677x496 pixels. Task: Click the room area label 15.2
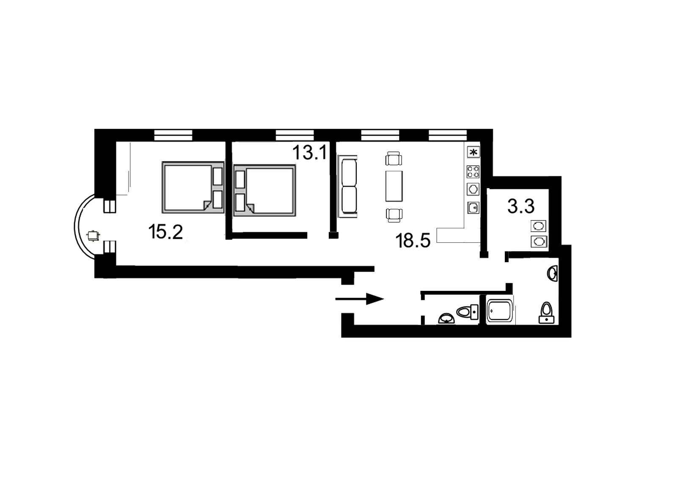pyautogui.click(x=165, y=232)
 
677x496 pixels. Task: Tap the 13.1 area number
pyautogui.click(x=310, y=152)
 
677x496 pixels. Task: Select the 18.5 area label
pyautogui.click(x=413, y=241)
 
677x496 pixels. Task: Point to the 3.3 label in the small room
pyautogui.click(x=521, y=207)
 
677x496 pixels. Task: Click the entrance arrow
pyautogui.click(x=360, y=299)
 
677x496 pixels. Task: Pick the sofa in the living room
pyautogui.click(x=348, y=186)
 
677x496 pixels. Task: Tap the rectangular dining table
pyautogui.click(x=394, y=186)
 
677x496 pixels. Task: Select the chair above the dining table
pyautogui.click(x=394, y=158)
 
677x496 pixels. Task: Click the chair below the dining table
pyautogui.click(x=394, y=215)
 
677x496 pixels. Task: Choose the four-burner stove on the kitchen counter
pyautogui.click(x=473, y=172)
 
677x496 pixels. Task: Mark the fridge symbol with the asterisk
pyautogui.click(x=473, y=152)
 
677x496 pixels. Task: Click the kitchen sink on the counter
pyautogui.click(x=473, y=208)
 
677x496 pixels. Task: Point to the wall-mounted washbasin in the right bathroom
pyautogui.click(x=553, y=274)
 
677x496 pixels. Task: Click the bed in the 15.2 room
pyautogui.click(x=193, y=187)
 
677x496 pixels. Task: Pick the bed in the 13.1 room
pyautogui.click(x=264, y=190)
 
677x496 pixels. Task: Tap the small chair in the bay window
pyautogui.click(x=93, y=236)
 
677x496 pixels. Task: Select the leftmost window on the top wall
pyautogui.click(x=173, y=135)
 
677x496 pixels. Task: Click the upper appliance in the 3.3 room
pyautogui.click(x=539, y=226)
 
